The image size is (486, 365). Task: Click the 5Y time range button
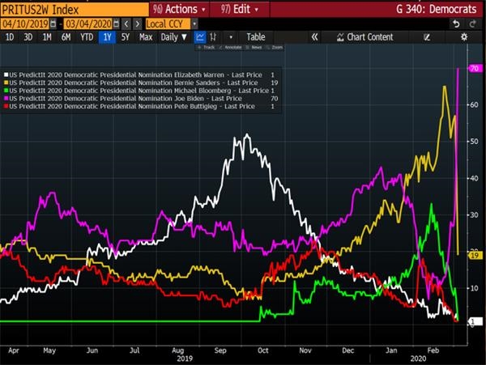click(x=126, y=37)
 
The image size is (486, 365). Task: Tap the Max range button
click(x=146, y=37)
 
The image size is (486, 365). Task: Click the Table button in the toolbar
click(x=255, y=37)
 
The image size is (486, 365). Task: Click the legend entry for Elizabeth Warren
click(x=138, y=74)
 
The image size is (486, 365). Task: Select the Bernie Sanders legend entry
click(x=138, y=82)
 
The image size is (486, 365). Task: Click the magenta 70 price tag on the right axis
click(x=475, y=69)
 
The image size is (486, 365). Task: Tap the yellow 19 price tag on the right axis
click(x=475, y=255)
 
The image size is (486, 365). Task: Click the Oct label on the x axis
click(x=262, y=350)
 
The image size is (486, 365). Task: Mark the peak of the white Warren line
click(x=245, y=135)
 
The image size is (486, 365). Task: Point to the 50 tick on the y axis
click(x=473, y=142)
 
